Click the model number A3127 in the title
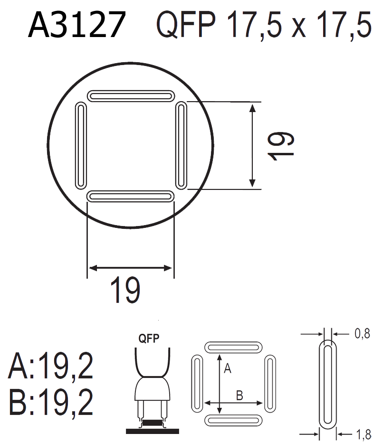pyautogui.click(x=77, y=24)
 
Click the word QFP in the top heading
pyautogui.click(x=186, y=25)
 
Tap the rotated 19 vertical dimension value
pyautogui.click(x=281, y=146)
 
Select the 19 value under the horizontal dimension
pyautogui.click(x=125, y=290)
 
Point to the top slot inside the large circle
pyautogui.click(x=131, y=96)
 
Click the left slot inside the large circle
pyautogui.click(x=81, y=146)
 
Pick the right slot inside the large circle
pyautogui.click(x=181, y=146)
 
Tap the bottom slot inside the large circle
pyautogui.click(x=130, y=197)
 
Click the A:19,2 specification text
pyautogui.click(x=51, y=366)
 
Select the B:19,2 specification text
pyautogui.click(x=51, y=402)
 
